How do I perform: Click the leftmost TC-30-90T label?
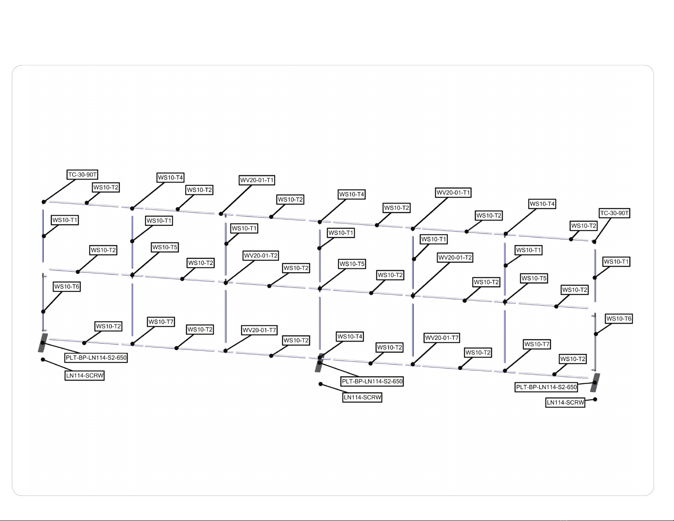82,175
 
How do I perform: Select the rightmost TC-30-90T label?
614,213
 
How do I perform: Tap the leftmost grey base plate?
43,343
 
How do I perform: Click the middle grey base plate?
319,363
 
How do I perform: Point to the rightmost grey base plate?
595,383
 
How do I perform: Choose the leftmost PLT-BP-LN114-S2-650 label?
96,358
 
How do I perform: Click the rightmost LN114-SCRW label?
565,402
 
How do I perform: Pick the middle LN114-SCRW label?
362,397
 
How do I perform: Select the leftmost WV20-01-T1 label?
257,180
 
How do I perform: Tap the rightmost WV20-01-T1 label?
453,193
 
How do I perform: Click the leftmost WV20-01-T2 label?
261,256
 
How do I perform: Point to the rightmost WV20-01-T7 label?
442,338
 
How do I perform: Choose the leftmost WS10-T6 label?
67,287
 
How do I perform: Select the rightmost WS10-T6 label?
619,319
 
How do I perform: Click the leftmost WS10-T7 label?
161,322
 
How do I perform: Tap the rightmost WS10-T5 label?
534,279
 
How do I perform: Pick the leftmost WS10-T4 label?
170,178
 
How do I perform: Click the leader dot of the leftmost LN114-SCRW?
43,360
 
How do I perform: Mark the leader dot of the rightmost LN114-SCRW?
595,399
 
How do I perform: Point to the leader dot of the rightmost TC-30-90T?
594,242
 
